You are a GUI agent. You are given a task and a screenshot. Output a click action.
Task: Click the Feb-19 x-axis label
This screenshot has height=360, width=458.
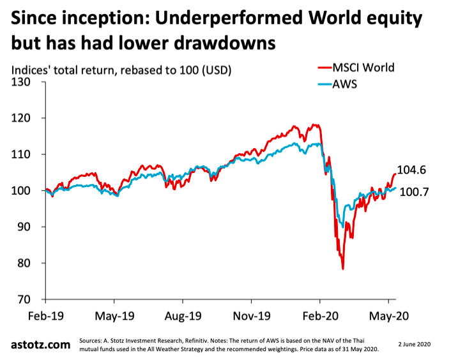click(x=45, y=315)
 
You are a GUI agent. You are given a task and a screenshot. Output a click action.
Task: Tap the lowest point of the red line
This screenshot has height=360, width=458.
click(x=343, y=269)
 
